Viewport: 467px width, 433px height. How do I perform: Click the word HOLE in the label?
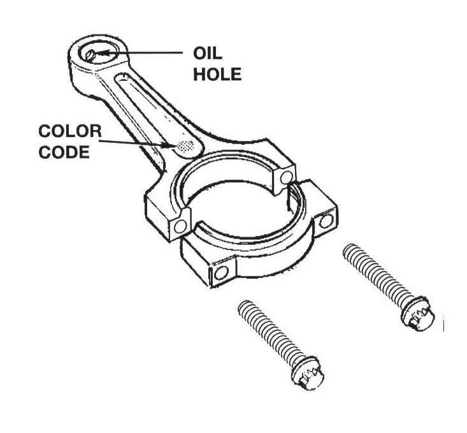tap(218, 74)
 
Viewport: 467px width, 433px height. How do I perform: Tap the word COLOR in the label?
tap(69, 132)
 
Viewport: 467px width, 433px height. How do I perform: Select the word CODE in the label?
tap(65, 154)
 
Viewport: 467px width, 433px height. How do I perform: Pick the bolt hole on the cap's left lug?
tap(221, 273)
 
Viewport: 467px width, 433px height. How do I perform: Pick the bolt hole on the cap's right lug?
tap(327, 221)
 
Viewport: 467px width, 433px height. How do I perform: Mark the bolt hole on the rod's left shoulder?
tap(182, 226)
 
